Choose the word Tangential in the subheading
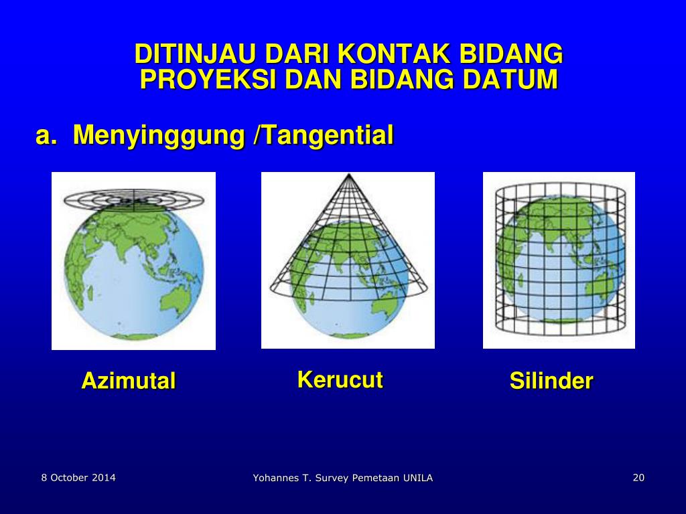point(328,135)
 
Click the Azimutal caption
point(129,381)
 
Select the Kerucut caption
point(340,380)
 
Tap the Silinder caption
point(551,381)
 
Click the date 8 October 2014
point(78,477)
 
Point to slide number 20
point(638,477)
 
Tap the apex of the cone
point(348,175)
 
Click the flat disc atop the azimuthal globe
point(133,199)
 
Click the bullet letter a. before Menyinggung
point(46,135)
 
